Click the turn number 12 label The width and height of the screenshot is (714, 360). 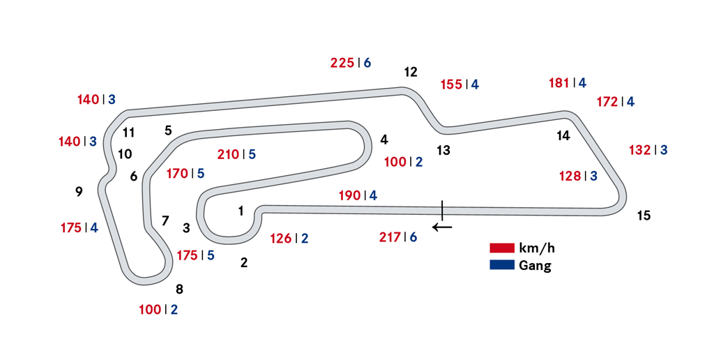tap(410, 71)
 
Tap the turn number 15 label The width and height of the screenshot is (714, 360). tap(644, 216)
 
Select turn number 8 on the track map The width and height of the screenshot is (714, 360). tap(179, 289)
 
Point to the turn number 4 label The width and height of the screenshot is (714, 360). tap(384, 140)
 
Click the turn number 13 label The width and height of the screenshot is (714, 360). tap(443, 150)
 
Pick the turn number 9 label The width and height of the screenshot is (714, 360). tap(79, 191)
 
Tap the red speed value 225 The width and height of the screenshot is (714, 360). tap(342, 63)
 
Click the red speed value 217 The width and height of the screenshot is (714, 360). tap(390, 237)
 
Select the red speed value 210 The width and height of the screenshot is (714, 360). tap(228, 154)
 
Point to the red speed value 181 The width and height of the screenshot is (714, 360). tap(559, 83)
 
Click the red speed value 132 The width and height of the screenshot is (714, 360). tap(639, 150)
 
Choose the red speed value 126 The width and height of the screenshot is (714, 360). tap(280, 238)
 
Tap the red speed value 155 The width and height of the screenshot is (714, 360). tap(452, 84)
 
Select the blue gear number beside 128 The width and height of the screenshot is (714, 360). tap(593, 176)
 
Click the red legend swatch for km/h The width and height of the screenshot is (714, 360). tap(501, 248)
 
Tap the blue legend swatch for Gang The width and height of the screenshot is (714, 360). tap(501, 265)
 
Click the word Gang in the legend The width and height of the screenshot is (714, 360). tap(535, 266)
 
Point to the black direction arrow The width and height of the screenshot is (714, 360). tap(442, 226)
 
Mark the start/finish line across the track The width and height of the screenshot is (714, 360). tap(441, 207)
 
